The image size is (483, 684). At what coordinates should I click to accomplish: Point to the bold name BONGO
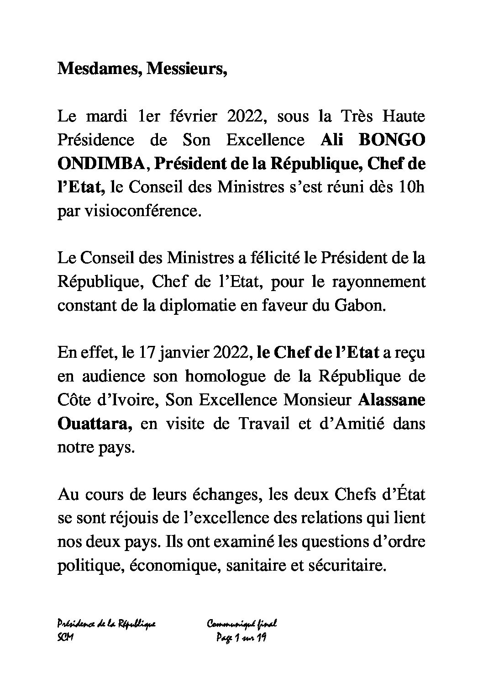tap(393, 140)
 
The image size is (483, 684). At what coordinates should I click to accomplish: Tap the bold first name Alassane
tap(391, 400)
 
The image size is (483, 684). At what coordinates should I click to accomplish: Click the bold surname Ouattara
tap(94, 424)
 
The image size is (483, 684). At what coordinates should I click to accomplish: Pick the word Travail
tap(264, 424)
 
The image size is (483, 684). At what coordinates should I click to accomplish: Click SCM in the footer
tap(66, 637)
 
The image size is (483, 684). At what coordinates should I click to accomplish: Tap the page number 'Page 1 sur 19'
tap(241, 637)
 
